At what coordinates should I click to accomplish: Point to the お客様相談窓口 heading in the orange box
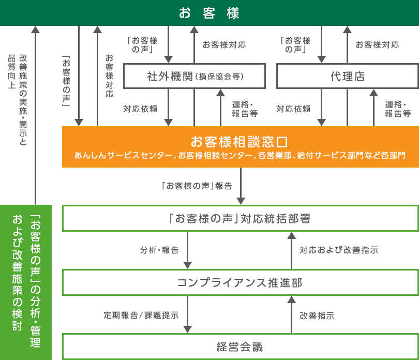(240, 142)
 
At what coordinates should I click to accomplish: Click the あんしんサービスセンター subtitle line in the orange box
(240, 155)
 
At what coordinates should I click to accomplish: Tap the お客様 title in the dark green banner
(209, 13)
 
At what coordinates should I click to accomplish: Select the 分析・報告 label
(159, 250)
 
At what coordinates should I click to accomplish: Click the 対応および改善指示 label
(339, 250)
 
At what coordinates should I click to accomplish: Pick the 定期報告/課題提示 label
(141, 316)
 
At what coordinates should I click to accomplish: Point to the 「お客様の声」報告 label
(197, 186)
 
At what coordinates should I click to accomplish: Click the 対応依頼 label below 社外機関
(140, 109)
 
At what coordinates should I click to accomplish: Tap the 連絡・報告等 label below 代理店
(398, 109)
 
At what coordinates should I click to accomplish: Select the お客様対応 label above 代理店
(377, 44)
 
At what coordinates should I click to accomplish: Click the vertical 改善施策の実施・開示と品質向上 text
(18, 100)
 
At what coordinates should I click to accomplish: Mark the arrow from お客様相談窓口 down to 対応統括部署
(241, 186)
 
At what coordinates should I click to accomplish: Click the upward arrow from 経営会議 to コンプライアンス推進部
(291, 314)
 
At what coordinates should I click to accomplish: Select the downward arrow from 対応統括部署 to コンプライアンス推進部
(188, 250)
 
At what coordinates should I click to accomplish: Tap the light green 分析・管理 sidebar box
(26, 282)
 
